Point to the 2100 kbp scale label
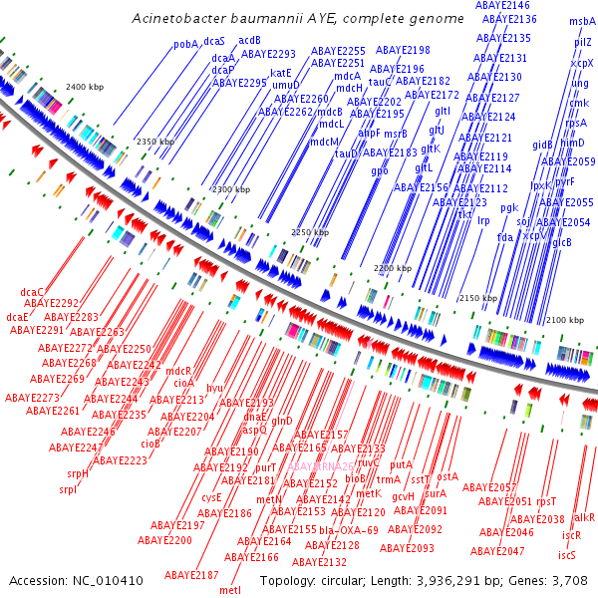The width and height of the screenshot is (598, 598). (x=564, y=319)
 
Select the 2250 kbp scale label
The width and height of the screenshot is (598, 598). (x=309, y=232)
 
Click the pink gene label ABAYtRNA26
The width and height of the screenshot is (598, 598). (x=322, y=465)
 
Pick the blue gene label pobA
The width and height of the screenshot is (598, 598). (x=185, y=44)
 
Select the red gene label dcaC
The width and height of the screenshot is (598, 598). (x=33, y=291)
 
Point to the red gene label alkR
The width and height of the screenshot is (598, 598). (x=584, y=518)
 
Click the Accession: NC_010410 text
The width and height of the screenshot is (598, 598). (x=76, y=580)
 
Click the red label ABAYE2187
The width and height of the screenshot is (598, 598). (x=191, y=575)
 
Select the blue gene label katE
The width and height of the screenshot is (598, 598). (x=281, y=73)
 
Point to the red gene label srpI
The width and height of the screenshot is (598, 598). (x=68, y=489)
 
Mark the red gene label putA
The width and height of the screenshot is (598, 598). (x=401, y=464)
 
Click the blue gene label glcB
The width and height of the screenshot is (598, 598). (x=562, y=242)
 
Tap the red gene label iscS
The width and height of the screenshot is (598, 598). (x=566, y=555)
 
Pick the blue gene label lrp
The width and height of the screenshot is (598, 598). (x=484, y=220)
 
